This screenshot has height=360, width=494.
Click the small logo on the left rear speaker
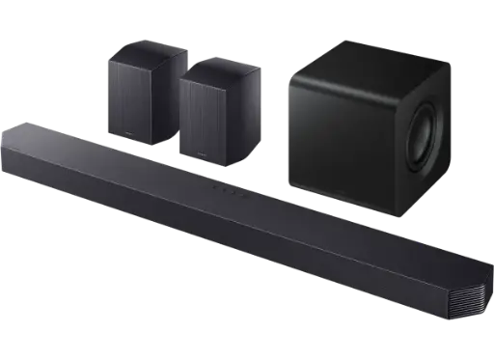coord(125,136)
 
